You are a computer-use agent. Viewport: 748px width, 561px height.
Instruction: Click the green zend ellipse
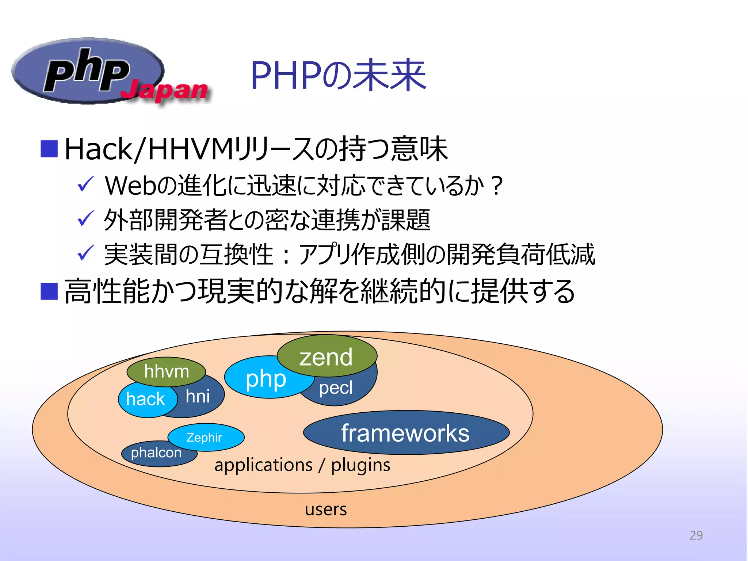pyautogui.click(x=326, y=356)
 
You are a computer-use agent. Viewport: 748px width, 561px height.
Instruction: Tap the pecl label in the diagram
pyautogui.click(x=335, y=388)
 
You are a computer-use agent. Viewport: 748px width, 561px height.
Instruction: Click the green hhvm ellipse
pyautogui.click(x=166, y=371)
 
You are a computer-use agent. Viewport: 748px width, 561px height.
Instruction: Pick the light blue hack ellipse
pyautogui.click(x=145, y=399)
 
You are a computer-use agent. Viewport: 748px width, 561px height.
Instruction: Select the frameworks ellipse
pyautogui.click(x=405, y=433)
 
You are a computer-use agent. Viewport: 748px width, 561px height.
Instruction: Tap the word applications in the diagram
pyautogui.click(x=263, y=465)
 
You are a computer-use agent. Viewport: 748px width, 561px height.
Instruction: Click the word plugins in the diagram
pyautogui.click(x=360, y=465)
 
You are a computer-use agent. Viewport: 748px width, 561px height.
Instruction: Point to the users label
pyautogui.click(x=325, y=509)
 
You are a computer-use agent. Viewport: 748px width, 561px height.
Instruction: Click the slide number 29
pyautogui.click(x=696, y=535)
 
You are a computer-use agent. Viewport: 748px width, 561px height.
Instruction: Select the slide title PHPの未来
pyautogui.click(x=338, y=76)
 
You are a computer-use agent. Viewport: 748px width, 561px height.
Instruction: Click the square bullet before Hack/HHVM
pyautogui.click(x=49, y=149)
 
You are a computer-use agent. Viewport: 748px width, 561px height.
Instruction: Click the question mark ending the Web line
pyautogui.click(x=496, y=186)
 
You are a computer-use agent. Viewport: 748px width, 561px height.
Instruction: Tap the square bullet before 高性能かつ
pyautogui.click(x=49, y=291)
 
